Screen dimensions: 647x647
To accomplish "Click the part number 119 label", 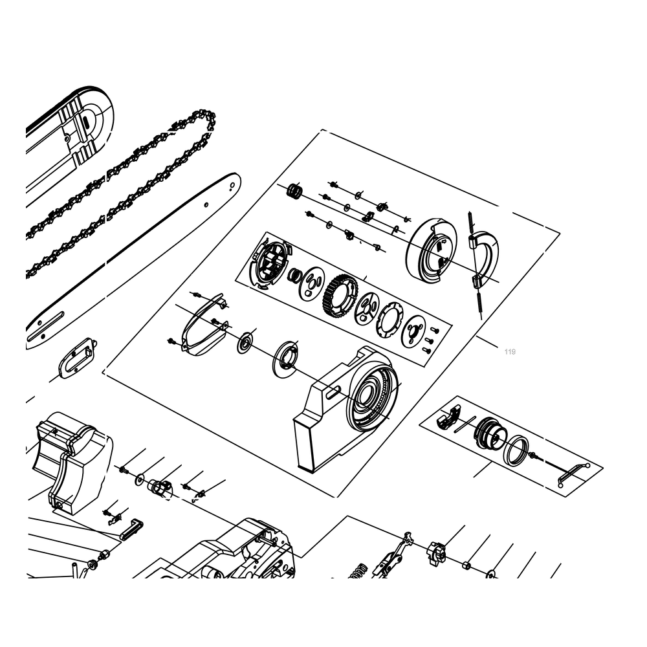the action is point(510,351).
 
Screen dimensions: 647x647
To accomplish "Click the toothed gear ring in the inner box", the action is point(340,296).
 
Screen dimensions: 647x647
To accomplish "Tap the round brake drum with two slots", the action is point(432,251).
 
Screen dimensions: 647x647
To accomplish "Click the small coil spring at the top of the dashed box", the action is point(294,191).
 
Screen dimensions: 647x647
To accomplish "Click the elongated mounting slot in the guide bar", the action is point(45,325).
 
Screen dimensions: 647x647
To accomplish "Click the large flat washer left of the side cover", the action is point(285,358).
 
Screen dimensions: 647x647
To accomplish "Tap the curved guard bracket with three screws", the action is point(204,324).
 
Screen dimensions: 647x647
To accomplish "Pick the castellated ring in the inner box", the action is point(389,320).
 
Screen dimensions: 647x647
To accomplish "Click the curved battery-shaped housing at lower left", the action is point(72,462).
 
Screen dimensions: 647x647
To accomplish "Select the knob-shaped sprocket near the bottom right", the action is point(437,553).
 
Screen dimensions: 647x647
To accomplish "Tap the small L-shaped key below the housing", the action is point(131,529).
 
